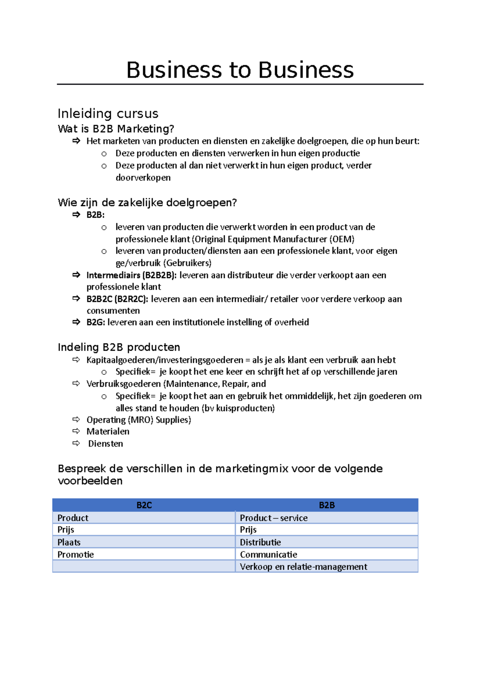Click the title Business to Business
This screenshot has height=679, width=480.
pos(240,70)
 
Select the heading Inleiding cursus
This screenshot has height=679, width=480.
pos(108,114)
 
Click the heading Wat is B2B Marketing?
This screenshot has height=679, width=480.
pos(116,129)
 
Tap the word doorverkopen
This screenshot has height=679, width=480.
pos(143,178)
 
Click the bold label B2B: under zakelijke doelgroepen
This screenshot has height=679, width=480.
pos(95,215)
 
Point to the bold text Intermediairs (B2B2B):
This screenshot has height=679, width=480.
pos(131,275)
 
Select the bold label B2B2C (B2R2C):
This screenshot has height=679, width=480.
pos(117,299)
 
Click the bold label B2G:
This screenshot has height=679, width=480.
pos(96,322)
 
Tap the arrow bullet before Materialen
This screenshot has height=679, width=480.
pos(76,431)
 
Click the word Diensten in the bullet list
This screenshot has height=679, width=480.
pos(106,443)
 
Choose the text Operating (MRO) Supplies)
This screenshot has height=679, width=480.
pos(139,420)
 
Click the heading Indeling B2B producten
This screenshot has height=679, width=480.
pos(119,347)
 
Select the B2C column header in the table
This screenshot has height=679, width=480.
pos(144,505)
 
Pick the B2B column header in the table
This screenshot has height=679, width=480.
pos(326,505)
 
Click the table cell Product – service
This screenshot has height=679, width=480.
pos(274,518)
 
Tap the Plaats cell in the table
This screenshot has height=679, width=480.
pos(69,542)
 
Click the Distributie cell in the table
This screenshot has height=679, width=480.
pos(260,542)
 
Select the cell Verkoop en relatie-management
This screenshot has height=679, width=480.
pos(303,567)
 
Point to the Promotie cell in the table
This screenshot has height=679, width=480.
pos(76,555)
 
